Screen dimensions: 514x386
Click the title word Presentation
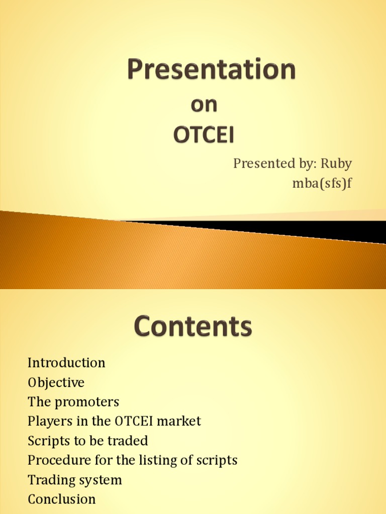[x=211, y=70]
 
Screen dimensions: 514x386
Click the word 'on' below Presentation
[x=204, y=104]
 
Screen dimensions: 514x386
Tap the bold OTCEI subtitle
[x=204, y=135]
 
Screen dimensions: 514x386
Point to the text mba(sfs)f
[x=322, y=183]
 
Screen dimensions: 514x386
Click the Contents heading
[x=193, y=327]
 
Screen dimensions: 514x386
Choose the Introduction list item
[x=66, y=362]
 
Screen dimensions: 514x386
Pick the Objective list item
[x=56, y=382]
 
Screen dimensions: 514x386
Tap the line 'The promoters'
[x=73, y=402]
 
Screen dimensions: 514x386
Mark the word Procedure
[x=58, y=460]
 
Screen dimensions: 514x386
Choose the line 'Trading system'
[x=75, y=480]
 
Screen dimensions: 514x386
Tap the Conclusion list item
[x=61, y=499]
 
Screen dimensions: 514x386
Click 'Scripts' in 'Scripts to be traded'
[x=48, y=441]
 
